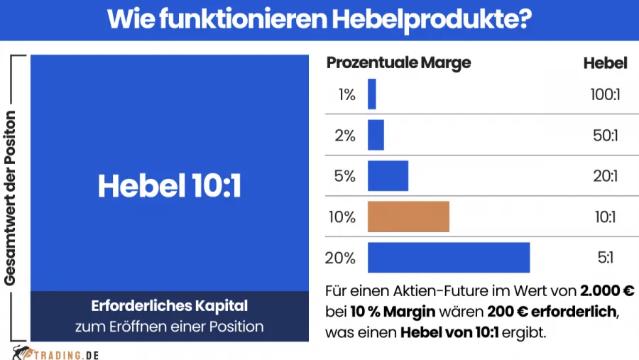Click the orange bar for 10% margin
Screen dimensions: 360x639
tap(408, 217)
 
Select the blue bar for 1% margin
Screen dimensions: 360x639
tap(372, 94)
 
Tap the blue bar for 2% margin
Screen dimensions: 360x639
tap(376, 135)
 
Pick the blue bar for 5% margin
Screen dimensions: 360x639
tap(388, 176)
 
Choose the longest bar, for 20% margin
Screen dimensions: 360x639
tap(449, 258)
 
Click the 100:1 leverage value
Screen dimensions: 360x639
tap(605, 94)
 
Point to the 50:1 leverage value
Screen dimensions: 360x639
tap(605, 135)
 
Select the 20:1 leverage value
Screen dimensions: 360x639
tap(605, 176)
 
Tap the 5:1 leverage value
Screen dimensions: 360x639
tap(605, 258)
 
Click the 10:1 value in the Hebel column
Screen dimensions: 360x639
tap(605, 217)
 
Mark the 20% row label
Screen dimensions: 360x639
tap(340, 258)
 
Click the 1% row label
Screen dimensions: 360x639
tap(346, 94)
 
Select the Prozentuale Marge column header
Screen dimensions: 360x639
tap(398, 63)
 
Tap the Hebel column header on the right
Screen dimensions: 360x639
tap(605, 63)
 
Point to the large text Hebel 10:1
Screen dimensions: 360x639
tap(170, 186)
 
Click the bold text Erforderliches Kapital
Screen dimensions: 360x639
tap(170, 307)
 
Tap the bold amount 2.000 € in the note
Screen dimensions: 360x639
tap(606, 292)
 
